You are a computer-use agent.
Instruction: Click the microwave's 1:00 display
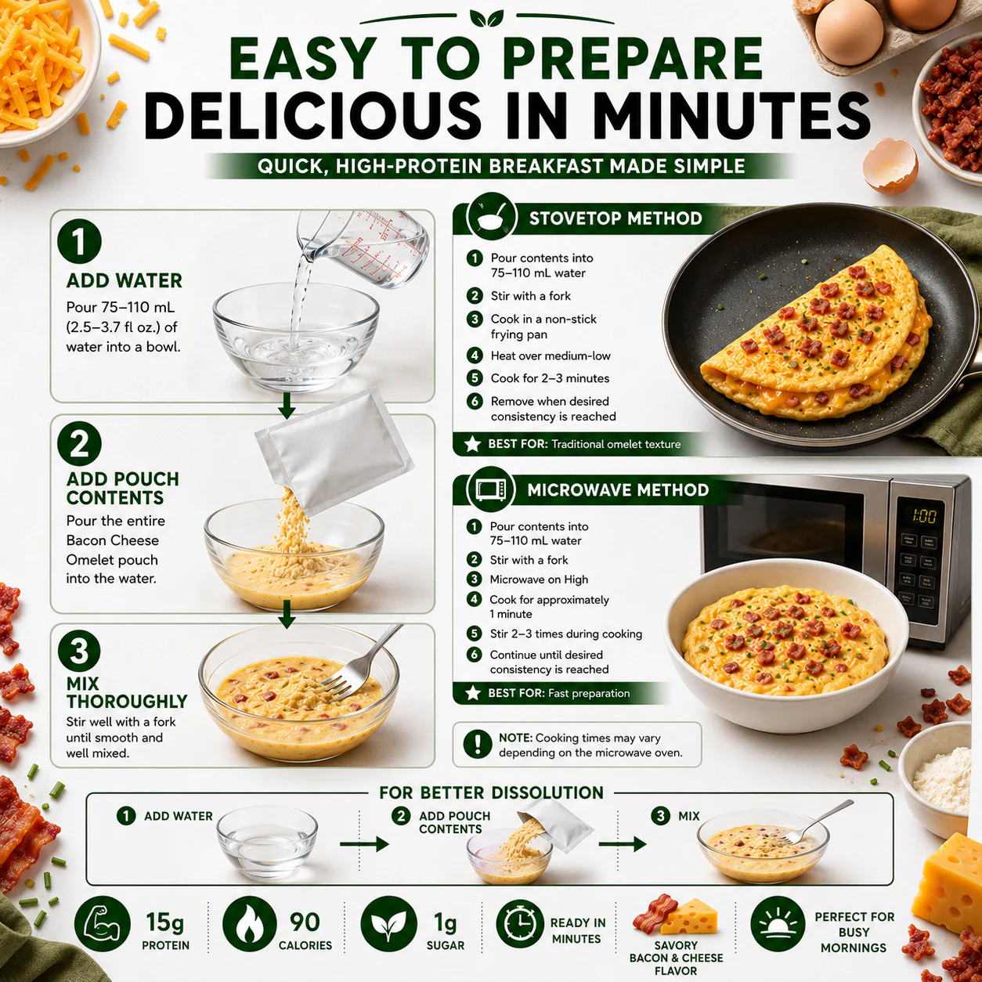924,516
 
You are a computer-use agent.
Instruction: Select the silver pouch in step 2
334,450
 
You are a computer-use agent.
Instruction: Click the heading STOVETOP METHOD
616,218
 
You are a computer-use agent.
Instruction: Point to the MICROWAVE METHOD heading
618,489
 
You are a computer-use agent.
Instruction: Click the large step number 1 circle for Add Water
79,241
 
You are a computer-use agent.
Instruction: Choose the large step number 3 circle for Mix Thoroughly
79,651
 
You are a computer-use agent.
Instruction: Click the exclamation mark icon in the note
478,744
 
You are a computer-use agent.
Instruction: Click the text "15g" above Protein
164,922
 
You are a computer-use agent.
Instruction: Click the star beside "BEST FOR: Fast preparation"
473,693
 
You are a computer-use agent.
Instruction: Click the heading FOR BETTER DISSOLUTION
491,793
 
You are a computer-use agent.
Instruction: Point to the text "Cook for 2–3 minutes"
550,378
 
